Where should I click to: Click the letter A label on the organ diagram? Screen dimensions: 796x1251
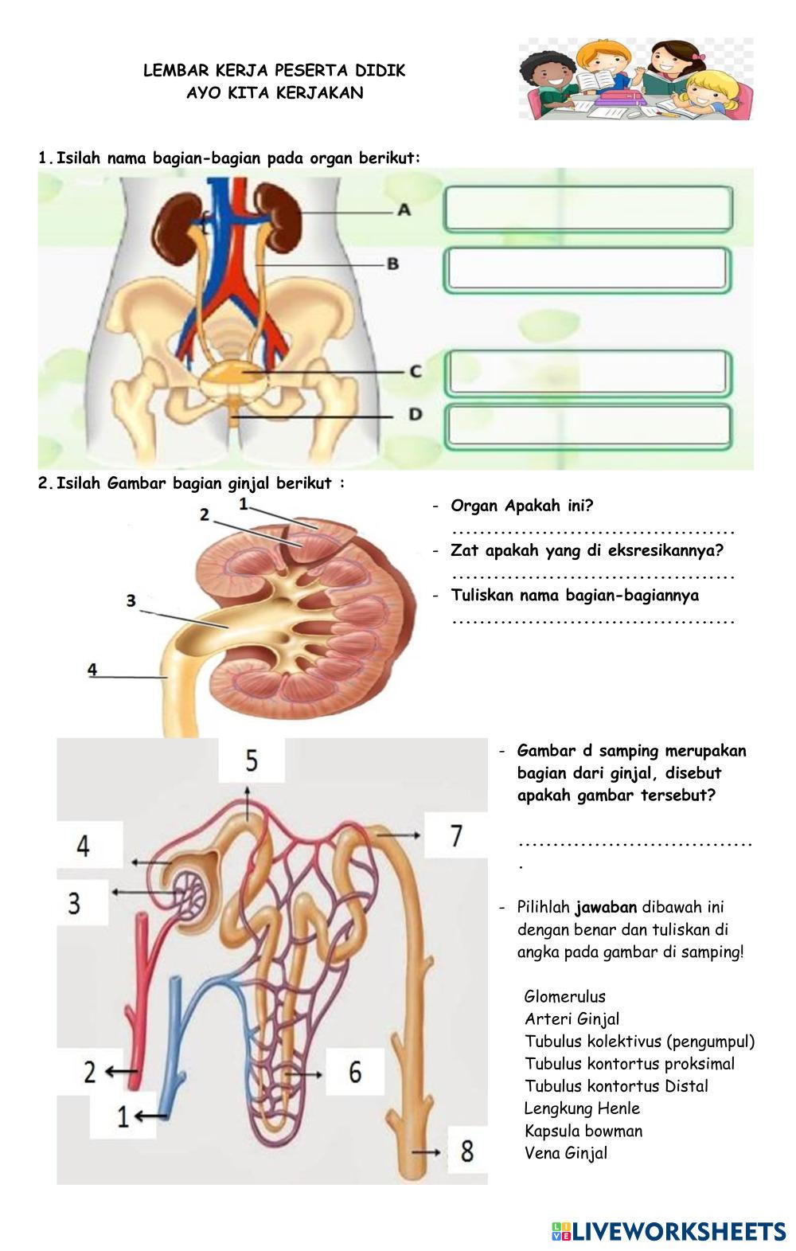[x=404, y=210]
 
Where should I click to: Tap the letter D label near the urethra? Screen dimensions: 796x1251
[x=415, y=414]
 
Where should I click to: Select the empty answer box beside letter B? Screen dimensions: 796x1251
[x=587, y=269]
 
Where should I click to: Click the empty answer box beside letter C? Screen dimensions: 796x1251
[x=587, y=372]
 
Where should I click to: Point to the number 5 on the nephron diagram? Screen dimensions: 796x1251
[x=252, y=760]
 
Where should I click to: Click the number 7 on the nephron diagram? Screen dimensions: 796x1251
[x=455, y=835]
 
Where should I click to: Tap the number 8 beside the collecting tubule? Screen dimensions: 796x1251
[x=466, y=1151]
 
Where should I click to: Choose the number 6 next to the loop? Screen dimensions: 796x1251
[x=355, y=1072]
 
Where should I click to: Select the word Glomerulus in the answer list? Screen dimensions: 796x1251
[x=564, y=996]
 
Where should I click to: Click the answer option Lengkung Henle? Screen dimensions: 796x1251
[x=582, y=1108]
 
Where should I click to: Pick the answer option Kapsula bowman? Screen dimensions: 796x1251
[x=583, y=1131]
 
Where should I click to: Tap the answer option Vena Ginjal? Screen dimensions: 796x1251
[x=565, y=1153]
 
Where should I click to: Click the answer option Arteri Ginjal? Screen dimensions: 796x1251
[x=572, y=1018]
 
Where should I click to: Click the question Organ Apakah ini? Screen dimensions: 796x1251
[x=522, y=506]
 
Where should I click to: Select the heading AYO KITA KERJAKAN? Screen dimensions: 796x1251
[x=275, y=92]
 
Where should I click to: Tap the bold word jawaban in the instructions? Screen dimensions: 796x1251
[x=606, y=907]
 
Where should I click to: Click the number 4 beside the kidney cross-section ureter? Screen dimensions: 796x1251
[x=93, y=669]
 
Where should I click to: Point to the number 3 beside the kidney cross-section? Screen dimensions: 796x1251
[x=131, y=600]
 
